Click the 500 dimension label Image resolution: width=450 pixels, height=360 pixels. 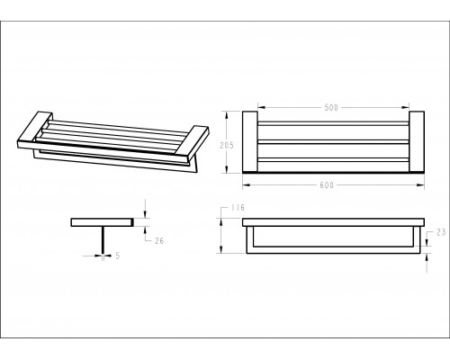[331, 107]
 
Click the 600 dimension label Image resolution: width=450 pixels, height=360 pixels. [327, 185]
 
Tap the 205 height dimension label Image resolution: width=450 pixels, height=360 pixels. [227, 146]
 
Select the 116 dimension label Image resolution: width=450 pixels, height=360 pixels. [238, 208]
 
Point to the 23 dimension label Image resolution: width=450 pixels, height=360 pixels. [441, 232]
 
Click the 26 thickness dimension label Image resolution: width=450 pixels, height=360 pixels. [159, 240]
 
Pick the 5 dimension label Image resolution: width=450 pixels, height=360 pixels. [118, 256]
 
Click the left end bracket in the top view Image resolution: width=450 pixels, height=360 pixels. [250, 141]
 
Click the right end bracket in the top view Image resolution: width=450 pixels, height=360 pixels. [417, 141]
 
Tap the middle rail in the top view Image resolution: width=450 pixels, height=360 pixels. [333, 141]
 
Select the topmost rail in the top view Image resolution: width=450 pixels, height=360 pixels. [333, 123]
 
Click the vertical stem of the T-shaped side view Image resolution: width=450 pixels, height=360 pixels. [103, 240]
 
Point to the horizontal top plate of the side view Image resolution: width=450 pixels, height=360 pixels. [103, 222]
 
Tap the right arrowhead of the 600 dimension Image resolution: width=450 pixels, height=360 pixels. [421, 185]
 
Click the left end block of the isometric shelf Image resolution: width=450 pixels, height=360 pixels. [35, 130]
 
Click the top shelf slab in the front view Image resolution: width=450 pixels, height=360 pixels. [333, 222]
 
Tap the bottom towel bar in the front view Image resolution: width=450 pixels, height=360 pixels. [333, 250]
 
